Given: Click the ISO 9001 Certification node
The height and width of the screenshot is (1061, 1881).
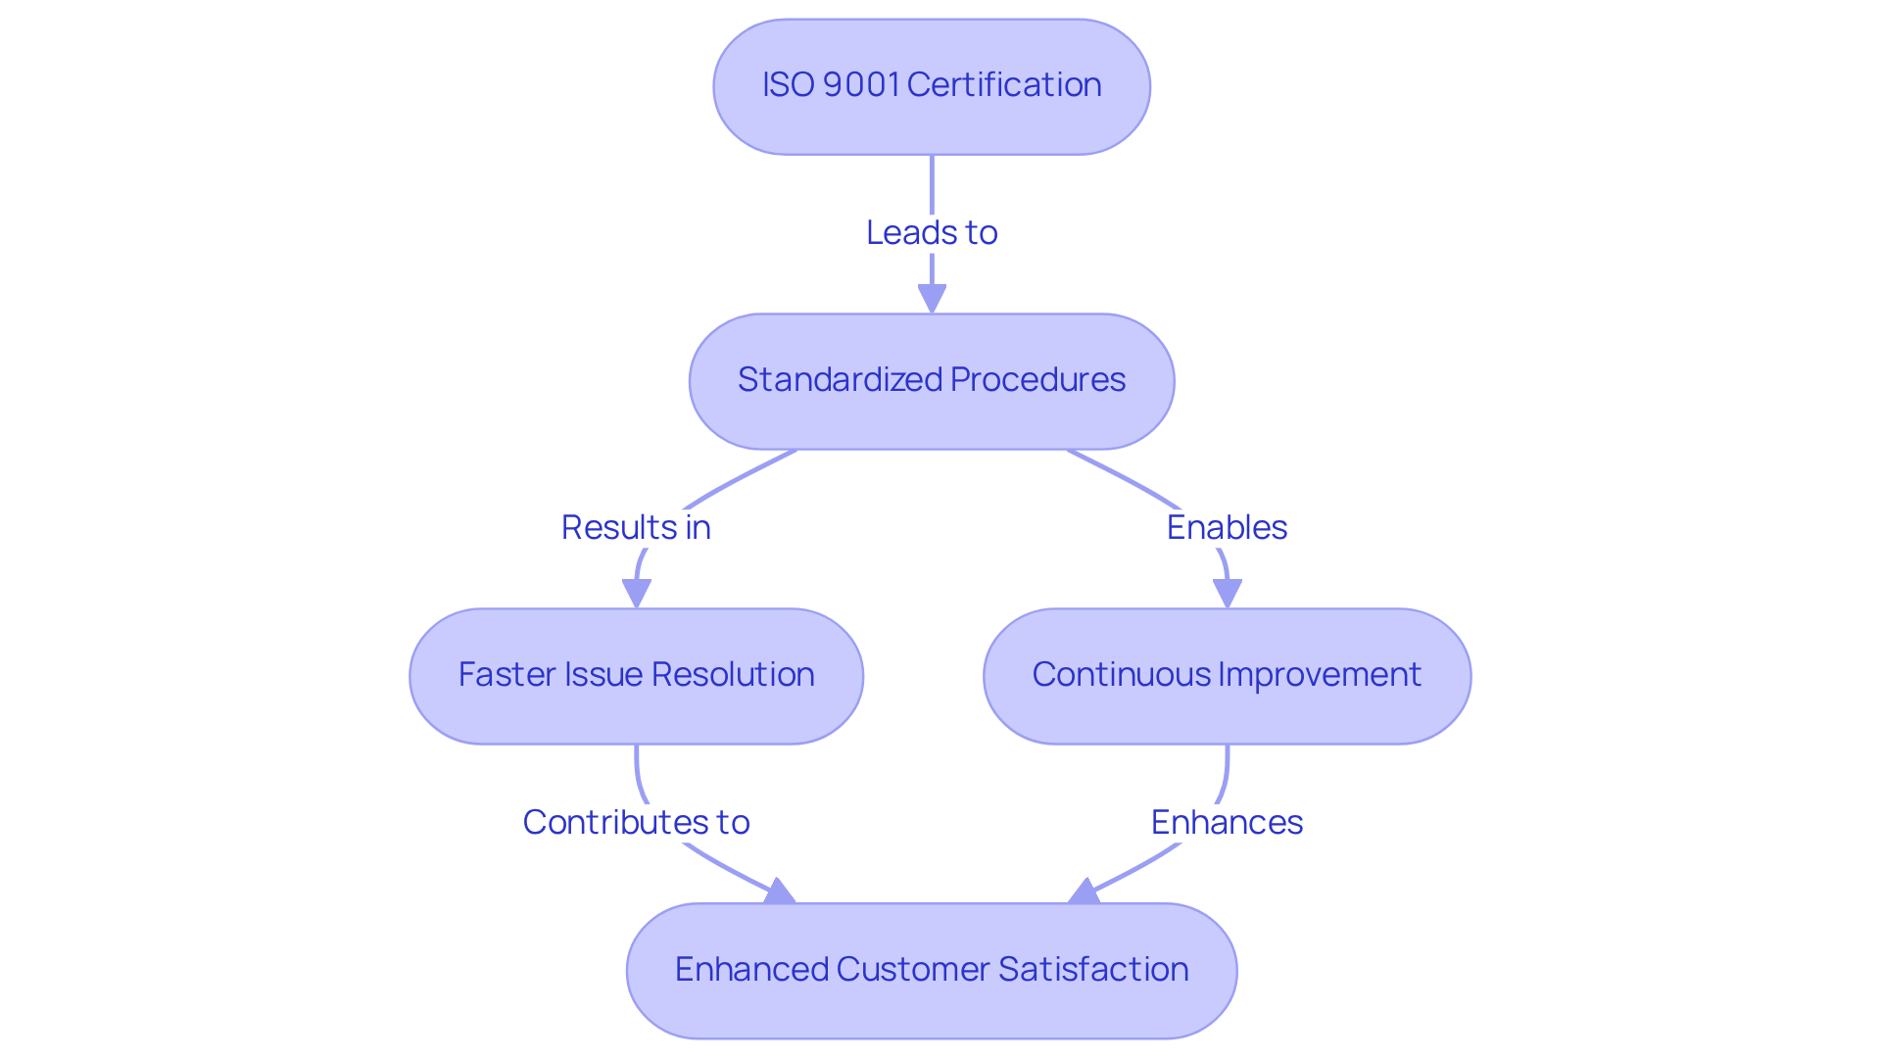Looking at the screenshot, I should [931, 86].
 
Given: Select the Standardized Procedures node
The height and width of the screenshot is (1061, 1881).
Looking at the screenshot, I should [931, 381].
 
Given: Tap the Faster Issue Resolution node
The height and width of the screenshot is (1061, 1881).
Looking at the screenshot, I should [636, 676].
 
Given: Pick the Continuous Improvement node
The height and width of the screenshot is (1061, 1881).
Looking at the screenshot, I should [1227, 676].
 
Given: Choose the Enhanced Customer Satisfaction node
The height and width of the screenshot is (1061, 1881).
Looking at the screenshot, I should [931, 970].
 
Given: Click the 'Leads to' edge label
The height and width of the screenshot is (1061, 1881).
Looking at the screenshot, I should [932, 233].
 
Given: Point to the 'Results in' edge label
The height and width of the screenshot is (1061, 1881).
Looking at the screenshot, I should [636, 528].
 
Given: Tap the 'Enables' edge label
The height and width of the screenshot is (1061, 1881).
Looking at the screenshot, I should [1227, 528].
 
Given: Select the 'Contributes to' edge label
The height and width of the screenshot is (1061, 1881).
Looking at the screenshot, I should [636, 823].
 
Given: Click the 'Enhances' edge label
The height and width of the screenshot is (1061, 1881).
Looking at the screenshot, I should [1227, 823].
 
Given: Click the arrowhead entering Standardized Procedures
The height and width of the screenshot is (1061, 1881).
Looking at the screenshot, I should [932, 298].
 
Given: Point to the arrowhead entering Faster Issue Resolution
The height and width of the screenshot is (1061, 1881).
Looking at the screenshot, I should [637, 593].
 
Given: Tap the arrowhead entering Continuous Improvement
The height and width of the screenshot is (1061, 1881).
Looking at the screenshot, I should [1228, 593].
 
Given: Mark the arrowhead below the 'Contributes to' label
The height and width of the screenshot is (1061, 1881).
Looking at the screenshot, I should [780, 892].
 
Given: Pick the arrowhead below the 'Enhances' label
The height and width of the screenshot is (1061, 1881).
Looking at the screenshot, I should [1085, 892].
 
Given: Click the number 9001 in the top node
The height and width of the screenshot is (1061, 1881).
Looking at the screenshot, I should [861, 85].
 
